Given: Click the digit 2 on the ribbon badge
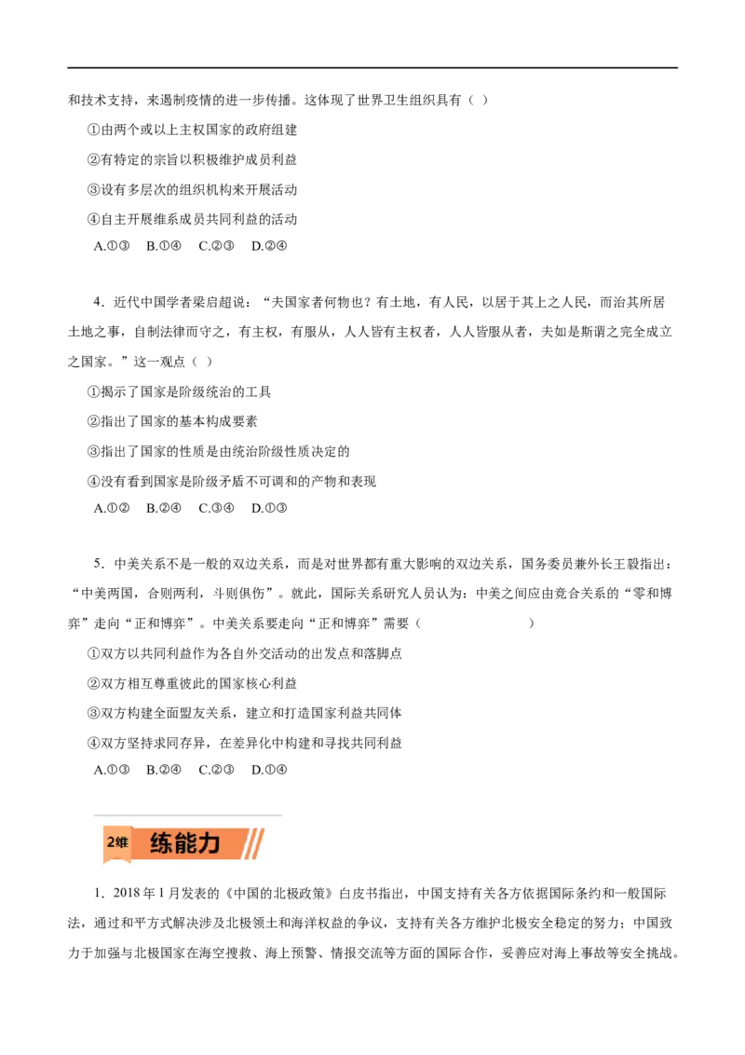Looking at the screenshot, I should (x=110, y=843).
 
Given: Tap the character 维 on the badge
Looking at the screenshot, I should (x=122, y=843).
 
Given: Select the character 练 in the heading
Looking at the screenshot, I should (x=161, y=844).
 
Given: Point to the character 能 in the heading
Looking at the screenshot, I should (x=184, y=844).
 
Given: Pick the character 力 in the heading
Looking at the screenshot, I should (x=209, y=844).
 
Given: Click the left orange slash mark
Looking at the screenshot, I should (x=249, y=844).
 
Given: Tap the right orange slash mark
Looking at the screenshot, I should (x=258, y=844).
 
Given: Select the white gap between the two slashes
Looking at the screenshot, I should (x=253, y=844).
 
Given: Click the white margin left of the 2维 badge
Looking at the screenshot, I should (x=96, y=844).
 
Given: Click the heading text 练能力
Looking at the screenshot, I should (x=184, y=844).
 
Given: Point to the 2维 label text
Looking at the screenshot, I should (x=116, y=843).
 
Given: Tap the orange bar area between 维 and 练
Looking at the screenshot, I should (x=141, y=844).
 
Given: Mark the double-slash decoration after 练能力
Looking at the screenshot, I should (x=253, y=844).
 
